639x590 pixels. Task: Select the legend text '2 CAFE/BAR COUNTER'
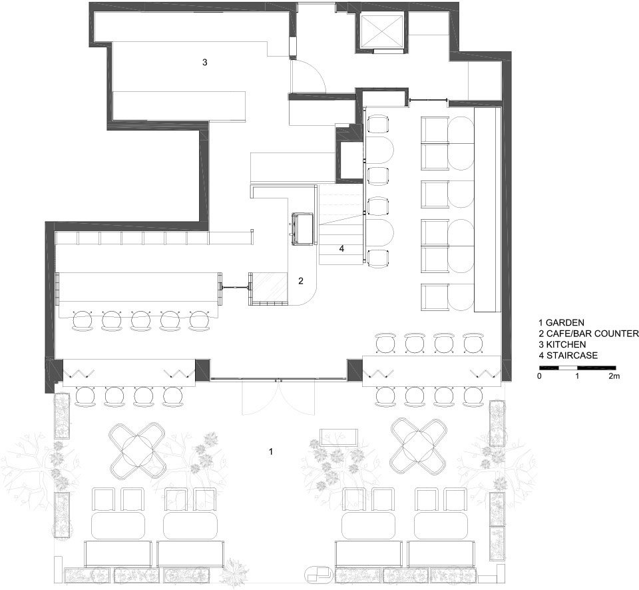[588, 334]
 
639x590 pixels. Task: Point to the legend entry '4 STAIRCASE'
[568, 356]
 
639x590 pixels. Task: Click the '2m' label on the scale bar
[614, 376]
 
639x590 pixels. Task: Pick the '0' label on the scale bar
[540, 376]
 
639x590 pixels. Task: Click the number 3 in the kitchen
[205, 63]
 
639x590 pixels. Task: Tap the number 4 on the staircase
[341, 248]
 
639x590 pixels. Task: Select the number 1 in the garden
[270, 451]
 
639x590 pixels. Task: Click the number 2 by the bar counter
[301, 281]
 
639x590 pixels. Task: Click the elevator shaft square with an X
[381, 31]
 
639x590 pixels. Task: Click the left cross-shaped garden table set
[136, 451]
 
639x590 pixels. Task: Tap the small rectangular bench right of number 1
[340, 438]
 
